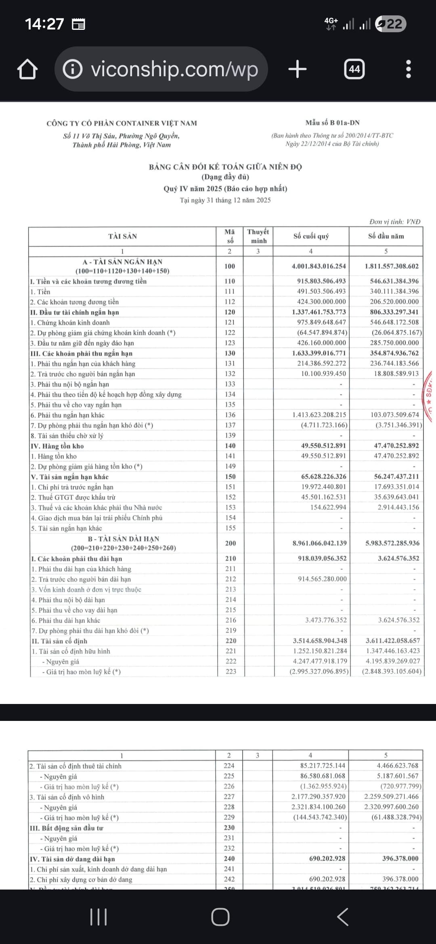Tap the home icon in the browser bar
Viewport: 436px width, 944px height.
tap(27, 69)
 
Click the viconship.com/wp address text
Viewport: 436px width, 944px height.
tap(174, 69)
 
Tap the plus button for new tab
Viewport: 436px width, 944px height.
tap(298, 69)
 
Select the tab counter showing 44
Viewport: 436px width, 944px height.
tap(354, 69)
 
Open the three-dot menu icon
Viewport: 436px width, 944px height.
tap(409, 69)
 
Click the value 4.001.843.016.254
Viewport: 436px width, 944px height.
tap(319, 266)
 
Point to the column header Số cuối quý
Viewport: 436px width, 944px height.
tap(311, 236)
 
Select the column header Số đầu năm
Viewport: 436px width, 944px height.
tap(386, 236)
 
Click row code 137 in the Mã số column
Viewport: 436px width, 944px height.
tap(230, 425)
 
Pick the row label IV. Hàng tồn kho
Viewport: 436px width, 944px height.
tap(57, 446)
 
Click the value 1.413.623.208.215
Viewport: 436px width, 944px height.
tap(319, 415)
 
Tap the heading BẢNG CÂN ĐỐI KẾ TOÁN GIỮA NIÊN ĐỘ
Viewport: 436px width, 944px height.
tap(225, 167)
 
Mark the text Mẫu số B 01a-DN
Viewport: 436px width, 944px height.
tap(332, 123)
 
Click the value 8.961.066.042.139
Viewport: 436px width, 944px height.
tap(319, 543)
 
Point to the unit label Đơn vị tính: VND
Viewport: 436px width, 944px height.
tap(394, 221)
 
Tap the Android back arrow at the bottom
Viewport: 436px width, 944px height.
tap(343, 917)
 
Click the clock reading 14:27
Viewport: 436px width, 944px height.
tap(44, 24)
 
